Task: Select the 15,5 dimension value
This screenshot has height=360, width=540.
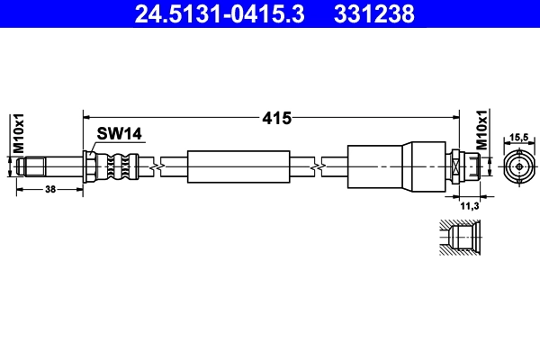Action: coord(518,139)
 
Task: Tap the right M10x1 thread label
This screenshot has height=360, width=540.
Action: coord(481,130)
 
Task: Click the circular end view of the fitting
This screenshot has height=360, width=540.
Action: coord(518,167)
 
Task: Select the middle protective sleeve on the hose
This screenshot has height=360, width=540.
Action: coord(239,166)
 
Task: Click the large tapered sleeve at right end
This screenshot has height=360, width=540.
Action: coord(396,166)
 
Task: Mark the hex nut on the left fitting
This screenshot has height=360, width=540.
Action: coord(90,166)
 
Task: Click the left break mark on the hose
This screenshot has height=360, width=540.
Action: coord(159,166)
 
